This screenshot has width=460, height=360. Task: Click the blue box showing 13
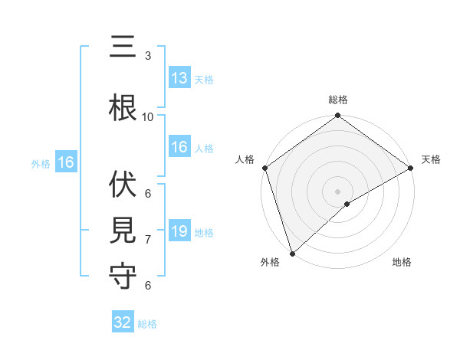pos(179,79)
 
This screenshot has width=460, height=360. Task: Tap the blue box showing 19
pos(179,232)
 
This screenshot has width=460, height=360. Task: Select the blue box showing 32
pos(123,322)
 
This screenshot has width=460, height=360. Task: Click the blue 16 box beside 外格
pos(65,162)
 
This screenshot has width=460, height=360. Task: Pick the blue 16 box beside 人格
pos(179,148)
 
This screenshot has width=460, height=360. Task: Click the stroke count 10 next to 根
pos(148,116)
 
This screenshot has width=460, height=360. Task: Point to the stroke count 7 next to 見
pos(148,240)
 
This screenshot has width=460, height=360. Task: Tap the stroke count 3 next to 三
pos(148,56)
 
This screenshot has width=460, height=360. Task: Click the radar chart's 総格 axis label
pos(337,100)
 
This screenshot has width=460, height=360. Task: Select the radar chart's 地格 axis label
pos(402,263)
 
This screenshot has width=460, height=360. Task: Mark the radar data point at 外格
pos(291,253)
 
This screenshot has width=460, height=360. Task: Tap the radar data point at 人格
pos(264,168)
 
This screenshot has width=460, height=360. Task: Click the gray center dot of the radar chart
pos(337,191)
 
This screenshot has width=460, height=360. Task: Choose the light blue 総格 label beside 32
pos(147,324)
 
